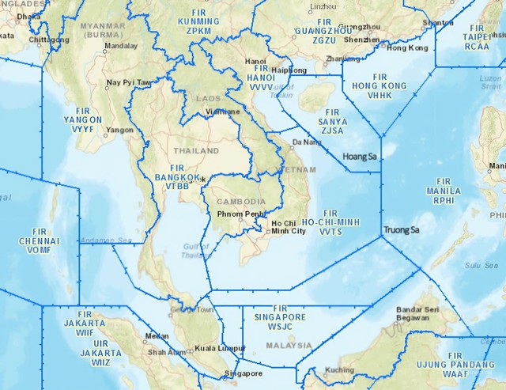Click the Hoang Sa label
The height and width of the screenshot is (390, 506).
360,157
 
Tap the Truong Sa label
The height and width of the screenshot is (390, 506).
400,230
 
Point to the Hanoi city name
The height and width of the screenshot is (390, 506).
255,60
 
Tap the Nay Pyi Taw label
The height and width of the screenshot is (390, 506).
128,82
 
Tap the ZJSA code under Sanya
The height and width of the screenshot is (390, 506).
332,131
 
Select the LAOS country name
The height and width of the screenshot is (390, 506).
209,99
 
